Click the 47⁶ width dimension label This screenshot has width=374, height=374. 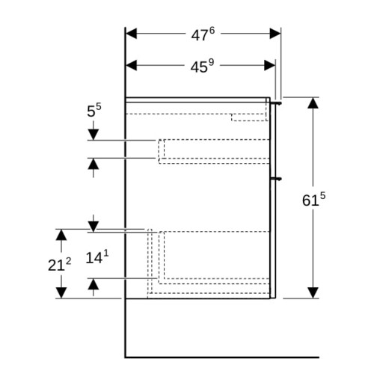pyautogui.click(x=203, y=34)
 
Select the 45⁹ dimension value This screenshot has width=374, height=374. pyautogui.click(x=202, y=66)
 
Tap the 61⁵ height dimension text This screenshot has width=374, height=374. pyautogui.click(x=313, y=199)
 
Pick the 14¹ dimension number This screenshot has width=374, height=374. pyautogui.click(x=97, y=257)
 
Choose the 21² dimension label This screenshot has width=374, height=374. pyautogui.click(x=59, y=264)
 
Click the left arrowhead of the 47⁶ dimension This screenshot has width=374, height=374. pyautogui.click(x=132, y=34)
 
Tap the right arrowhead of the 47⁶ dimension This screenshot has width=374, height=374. pyautogui.click(x=275, y=34)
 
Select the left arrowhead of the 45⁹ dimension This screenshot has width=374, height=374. pyautogui.click(x=132, y=65)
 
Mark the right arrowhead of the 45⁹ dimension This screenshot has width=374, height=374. pyautogui.click(x=270, y=65)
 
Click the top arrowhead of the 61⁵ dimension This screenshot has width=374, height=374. pyautogui.click(x=313, y=103)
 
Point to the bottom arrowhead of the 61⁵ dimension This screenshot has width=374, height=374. pyautogui.click(x=313, y=292)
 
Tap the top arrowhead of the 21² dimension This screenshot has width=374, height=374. pyautogui.click(x=61, y=235)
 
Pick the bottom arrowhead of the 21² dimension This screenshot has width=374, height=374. pyautogui.click(x=61, y=292)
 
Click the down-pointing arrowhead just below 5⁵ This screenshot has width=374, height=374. pyautogui.click(x=93, y=135)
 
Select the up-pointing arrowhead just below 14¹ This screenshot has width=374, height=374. pyautogui.click(x=93, y=284)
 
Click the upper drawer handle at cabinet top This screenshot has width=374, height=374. pyautogui.click(x=276, y=103)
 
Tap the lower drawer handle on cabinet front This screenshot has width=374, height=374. pyautogui.click(x=276, y=179)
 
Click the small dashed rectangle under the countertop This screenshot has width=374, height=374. pyautogui.click(x=249, y=117)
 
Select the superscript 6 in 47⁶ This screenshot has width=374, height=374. pyautogui.click(x=212, y=31)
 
